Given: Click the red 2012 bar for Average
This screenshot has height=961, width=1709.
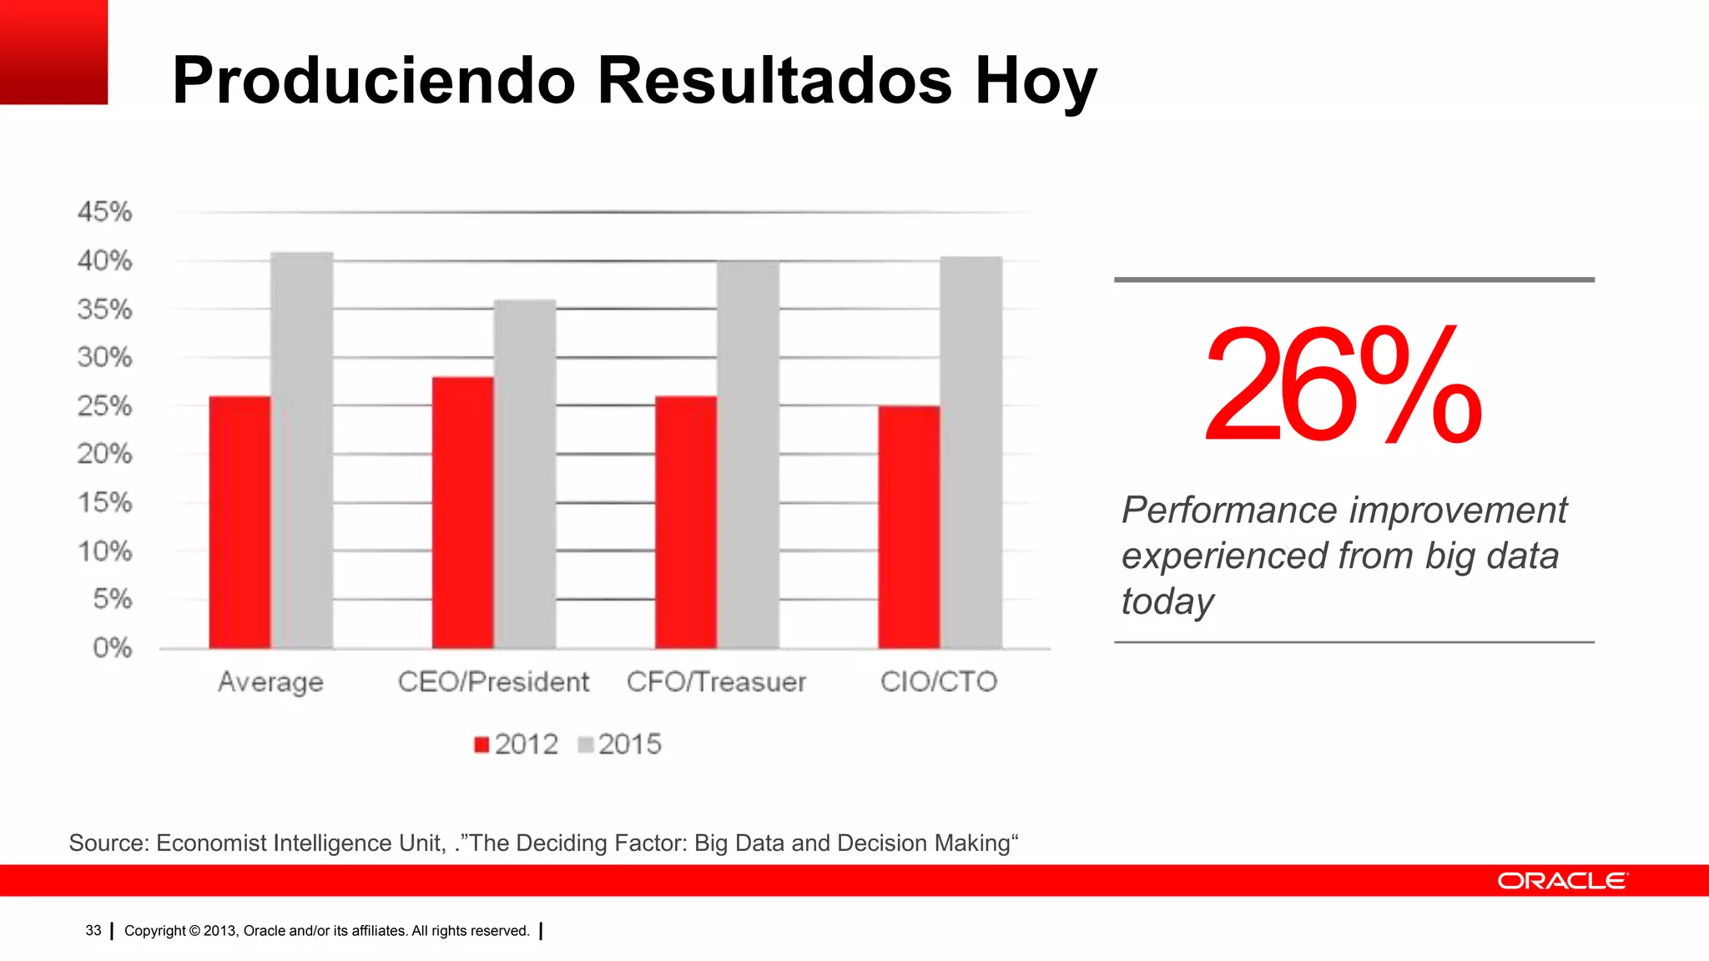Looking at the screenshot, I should (x=239, y=522).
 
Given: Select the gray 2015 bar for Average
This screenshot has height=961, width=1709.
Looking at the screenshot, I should (x=302, y=450).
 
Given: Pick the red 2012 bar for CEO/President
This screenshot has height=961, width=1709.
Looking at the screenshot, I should (x=462, y=512).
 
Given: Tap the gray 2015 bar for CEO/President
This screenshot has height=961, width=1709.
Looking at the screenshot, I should (x=525, y=474).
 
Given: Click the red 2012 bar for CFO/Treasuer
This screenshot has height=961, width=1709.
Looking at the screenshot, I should (x=686, y=522).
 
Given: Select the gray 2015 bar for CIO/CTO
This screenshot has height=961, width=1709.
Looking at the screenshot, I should (x=971, y=453).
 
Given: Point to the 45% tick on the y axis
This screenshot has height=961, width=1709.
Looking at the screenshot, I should (x=105, y=212).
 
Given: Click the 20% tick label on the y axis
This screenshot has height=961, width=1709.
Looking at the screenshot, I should (x=105, y=454).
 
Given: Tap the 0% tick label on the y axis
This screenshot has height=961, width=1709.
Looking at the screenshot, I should (x=112, y=647).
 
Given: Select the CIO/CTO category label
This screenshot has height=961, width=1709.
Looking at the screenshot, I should (x=939, y=682).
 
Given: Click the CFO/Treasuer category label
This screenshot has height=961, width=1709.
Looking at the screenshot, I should (x=716, y=682).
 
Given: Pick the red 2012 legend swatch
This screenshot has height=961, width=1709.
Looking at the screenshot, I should (x=481, y=744).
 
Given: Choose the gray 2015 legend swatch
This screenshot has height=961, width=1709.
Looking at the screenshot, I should (x=586, y=744).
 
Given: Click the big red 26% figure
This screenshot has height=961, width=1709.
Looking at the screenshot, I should (x=1342, y=385).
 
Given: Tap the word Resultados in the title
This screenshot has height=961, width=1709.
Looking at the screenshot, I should (x=774, y=81).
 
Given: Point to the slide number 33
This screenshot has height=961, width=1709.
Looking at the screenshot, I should (x=93, y=930).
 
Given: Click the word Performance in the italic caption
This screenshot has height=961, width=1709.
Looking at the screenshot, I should (x=1230, y=510).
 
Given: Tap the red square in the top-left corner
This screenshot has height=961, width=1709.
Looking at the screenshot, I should (x=53, y=52).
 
